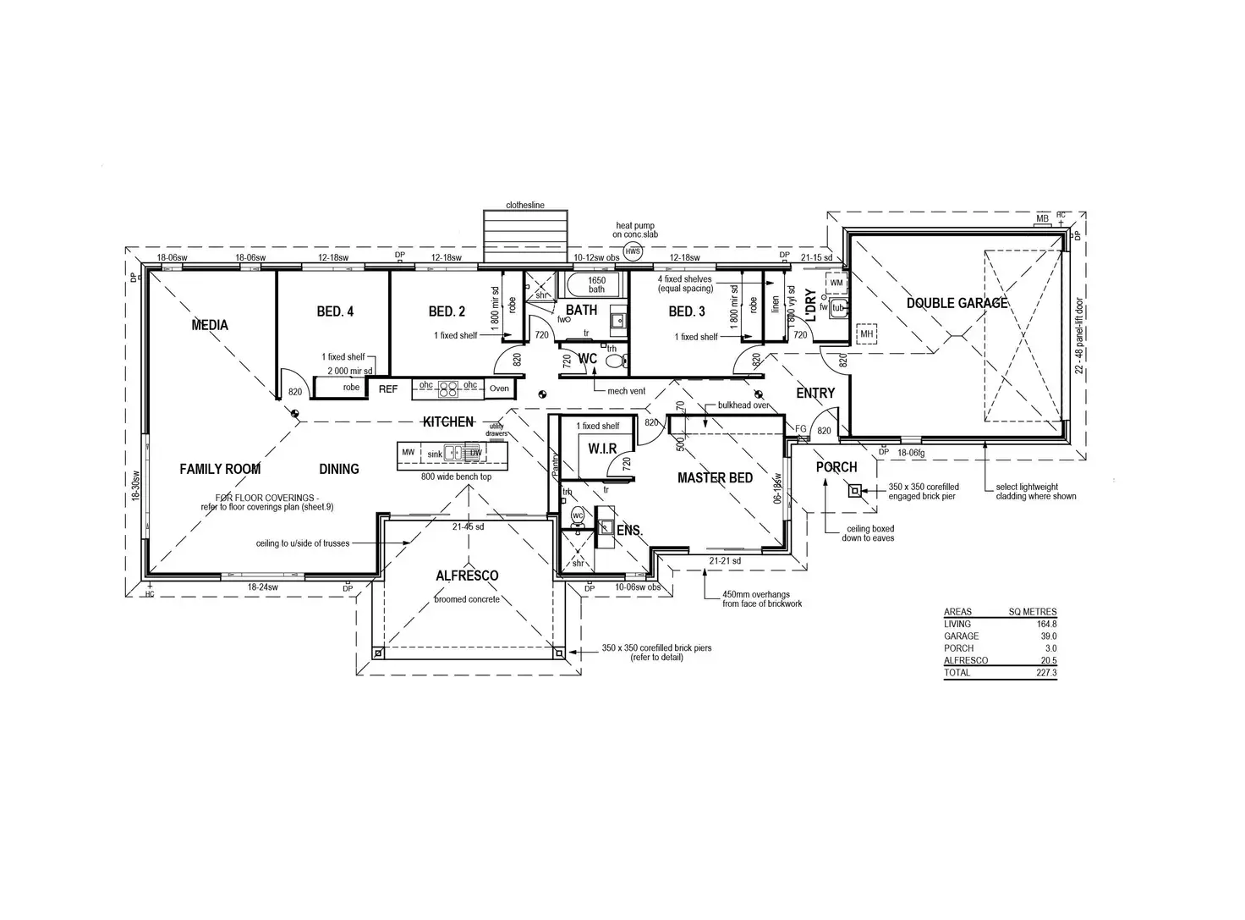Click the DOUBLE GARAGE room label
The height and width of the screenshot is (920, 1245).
point(957,303)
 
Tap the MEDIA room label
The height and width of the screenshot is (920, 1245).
point(210,325)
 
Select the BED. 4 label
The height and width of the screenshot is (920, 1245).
point(335,311)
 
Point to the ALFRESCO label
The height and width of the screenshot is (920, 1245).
point(467,576)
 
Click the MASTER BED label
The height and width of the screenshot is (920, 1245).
point(715,478)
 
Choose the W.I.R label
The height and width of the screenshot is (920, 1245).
point(601,449)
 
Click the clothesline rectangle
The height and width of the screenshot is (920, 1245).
point(525,237)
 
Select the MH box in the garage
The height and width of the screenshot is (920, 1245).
point(866,334)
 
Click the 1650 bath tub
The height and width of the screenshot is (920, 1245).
point(596,284)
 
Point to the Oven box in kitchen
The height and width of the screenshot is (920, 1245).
point(499,388)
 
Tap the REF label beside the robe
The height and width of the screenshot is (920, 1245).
point(388,389)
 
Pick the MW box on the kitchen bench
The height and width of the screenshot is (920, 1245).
point(409,453)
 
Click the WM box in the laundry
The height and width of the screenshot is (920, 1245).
point(836,282)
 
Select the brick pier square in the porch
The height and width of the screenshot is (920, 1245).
point(855,490)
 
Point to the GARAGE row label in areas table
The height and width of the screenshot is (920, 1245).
point(961,636)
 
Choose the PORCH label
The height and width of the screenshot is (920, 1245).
point(836,467)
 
